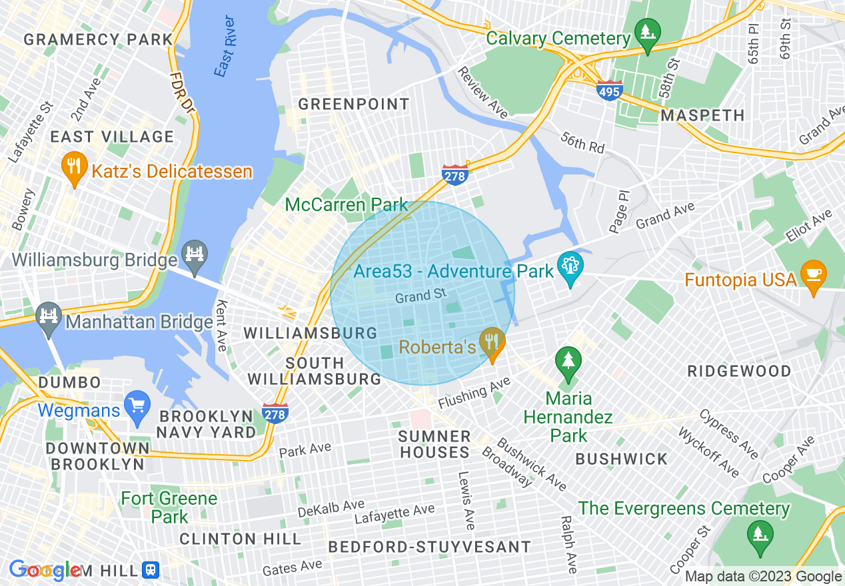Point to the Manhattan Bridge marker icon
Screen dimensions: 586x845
(x=48, y=318)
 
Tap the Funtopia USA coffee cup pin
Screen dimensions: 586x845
(x=813, y=276)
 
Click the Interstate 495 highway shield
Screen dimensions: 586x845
(x=610, y=91)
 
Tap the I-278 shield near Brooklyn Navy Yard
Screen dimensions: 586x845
(x=275, y=413)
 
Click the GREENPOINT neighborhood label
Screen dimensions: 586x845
(x=353, y=105)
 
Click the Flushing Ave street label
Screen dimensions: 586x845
(x=474, y=393)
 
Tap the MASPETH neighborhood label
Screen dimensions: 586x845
(x=702, y=115)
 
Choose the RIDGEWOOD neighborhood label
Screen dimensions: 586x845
(x=739, y=371)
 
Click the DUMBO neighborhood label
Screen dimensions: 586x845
(x=69, y=383)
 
